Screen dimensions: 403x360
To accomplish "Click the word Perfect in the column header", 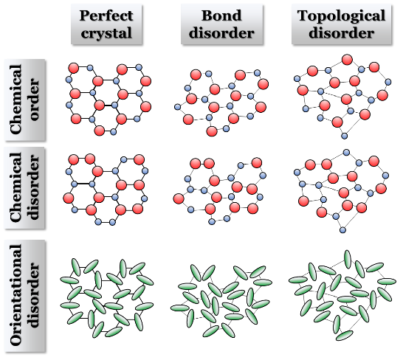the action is tap(106, 15).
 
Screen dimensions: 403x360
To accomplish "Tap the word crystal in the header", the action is tap(106, 33).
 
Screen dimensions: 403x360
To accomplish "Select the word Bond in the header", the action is tap(221, 15).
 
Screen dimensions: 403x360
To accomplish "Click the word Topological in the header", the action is tap(341, 16).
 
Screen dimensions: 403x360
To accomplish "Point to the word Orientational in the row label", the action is tap(16, 295).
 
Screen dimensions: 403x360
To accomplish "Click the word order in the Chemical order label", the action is tap(35, 100).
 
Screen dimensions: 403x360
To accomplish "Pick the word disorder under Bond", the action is tap(221, 33).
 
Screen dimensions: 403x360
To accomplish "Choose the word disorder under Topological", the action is tap(341, 33).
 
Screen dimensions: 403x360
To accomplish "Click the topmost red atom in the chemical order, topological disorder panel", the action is tap(347, 60).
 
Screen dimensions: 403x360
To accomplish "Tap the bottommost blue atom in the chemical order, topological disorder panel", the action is tap(345, 136).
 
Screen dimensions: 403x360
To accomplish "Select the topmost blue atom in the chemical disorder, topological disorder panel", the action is tap(346, 153).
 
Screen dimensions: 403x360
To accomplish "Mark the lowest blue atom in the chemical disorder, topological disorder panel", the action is tap(342, 229).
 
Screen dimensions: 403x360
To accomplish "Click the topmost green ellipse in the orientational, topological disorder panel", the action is tap(348, 259).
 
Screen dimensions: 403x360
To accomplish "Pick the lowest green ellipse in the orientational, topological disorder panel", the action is tap(345, 336).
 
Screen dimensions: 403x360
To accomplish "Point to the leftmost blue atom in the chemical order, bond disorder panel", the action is tap(178, 107).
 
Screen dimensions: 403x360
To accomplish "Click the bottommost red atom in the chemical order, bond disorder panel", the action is tap(212, 131).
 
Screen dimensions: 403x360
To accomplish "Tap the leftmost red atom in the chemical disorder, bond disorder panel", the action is tap(179, 198).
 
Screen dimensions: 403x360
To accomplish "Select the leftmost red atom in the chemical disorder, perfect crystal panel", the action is tap(69, 198).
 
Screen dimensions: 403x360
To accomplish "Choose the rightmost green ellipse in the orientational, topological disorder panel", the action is tap(387, 281).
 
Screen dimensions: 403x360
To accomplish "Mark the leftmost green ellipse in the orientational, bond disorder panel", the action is tap(180, 308).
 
